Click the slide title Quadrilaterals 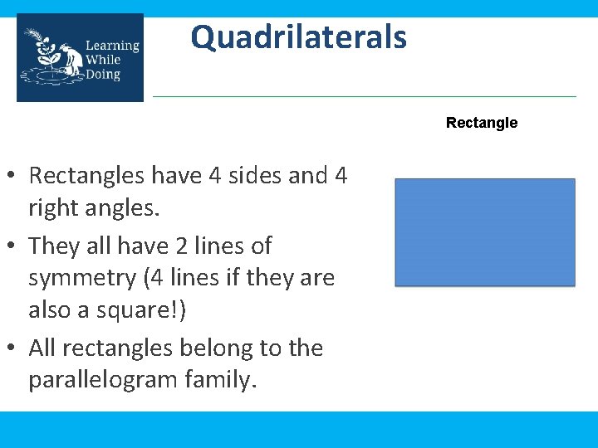pos(298,37)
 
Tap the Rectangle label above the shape pos(481,123)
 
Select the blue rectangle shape pos(484,232)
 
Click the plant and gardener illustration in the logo pos(51,58)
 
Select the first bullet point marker pos(14,177)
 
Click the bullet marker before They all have pos(14,247)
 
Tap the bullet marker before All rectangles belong pos(14,349)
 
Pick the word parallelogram pos(111,380)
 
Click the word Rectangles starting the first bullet pos(91,176)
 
